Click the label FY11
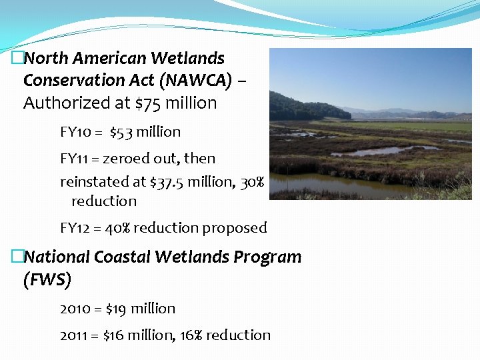(x=73, y=159)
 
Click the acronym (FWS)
(x=47, y=280)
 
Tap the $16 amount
(x=115, y=335)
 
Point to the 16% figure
(x=190, y=335)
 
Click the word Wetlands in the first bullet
(x=189, y=59)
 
